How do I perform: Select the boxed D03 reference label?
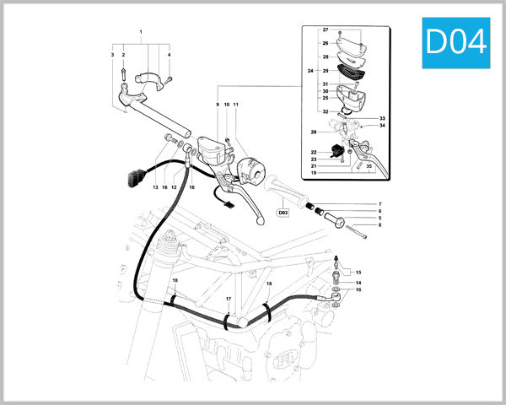pyautogui.click(x=283, y=213)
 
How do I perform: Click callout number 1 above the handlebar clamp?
pyautogui.click(x=141, y=31)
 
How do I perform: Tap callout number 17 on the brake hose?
pyautogui.click(x=228, y=300)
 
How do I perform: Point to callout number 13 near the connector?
pyautogui.click(x=155, y=187)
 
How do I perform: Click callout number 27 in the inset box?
pyautogui.click(x=326, y=30)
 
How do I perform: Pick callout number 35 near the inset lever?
pyautogui.click(x=369, y=167)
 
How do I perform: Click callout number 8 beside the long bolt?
pyautogui.click(x=380, y=225)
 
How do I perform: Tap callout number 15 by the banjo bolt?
pyautogui.click(x=358, y=273)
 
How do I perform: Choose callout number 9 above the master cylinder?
pyautogui.click(x=217, y=105)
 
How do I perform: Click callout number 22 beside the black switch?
pyautogui.click(x=314, y=152)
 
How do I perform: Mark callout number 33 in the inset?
pyautogui.click(x=381, y=119)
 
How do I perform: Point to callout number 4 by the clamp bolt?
pyautogui.click(x=169, y=55)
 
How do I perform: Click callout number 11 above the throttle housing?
pyautogui.click(x=236, y=105)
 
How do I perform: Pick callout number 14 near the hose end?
pyautogui.click(x=358, y=283)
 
